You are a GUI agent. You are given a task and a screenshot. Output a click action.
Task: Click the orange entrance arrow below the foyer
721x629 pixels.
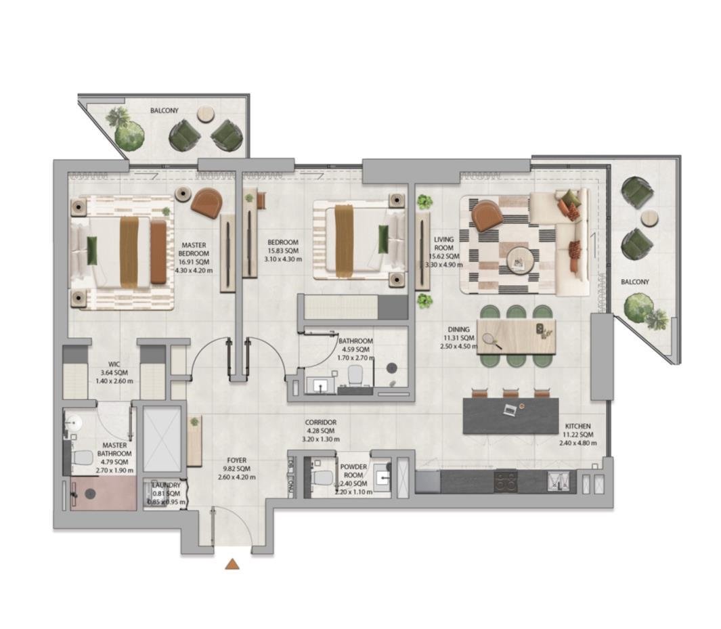pyautogui.click(x=232, y=563)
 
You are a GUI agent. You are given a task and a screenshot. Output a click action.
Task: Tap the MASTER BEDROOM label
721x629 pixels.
pyautogui.click(x=193, y=250)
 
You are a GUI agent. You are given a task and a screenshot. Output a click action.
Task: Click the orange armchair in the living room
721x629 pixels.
pyautogui.click(x=487, y=215)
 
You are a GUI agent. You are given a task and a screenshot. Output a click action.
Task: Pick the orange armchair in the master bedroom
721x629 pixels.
pyautogui.click(x=206, y=202)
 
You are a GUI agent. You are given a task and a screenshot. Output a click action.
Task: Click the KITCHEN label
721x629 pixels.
pyautogui.click(x=579, y=426)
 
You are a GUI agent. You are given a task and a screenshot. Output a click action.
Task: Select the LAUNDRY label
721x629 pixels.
pyautogui.click(x=165, y=485)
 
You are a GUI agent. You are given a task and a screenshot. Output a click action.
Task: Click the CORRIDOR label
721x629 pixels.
pyautogui.click(x=321, y=422)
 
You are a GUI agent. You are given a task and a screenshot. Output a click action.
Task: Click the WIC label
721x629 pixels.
pyautogui.click(x=114, y=364)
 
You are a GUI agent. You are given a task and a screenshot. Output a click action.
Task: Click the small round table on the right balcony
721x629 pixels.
pyautogui.click(x=649, y=217)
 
